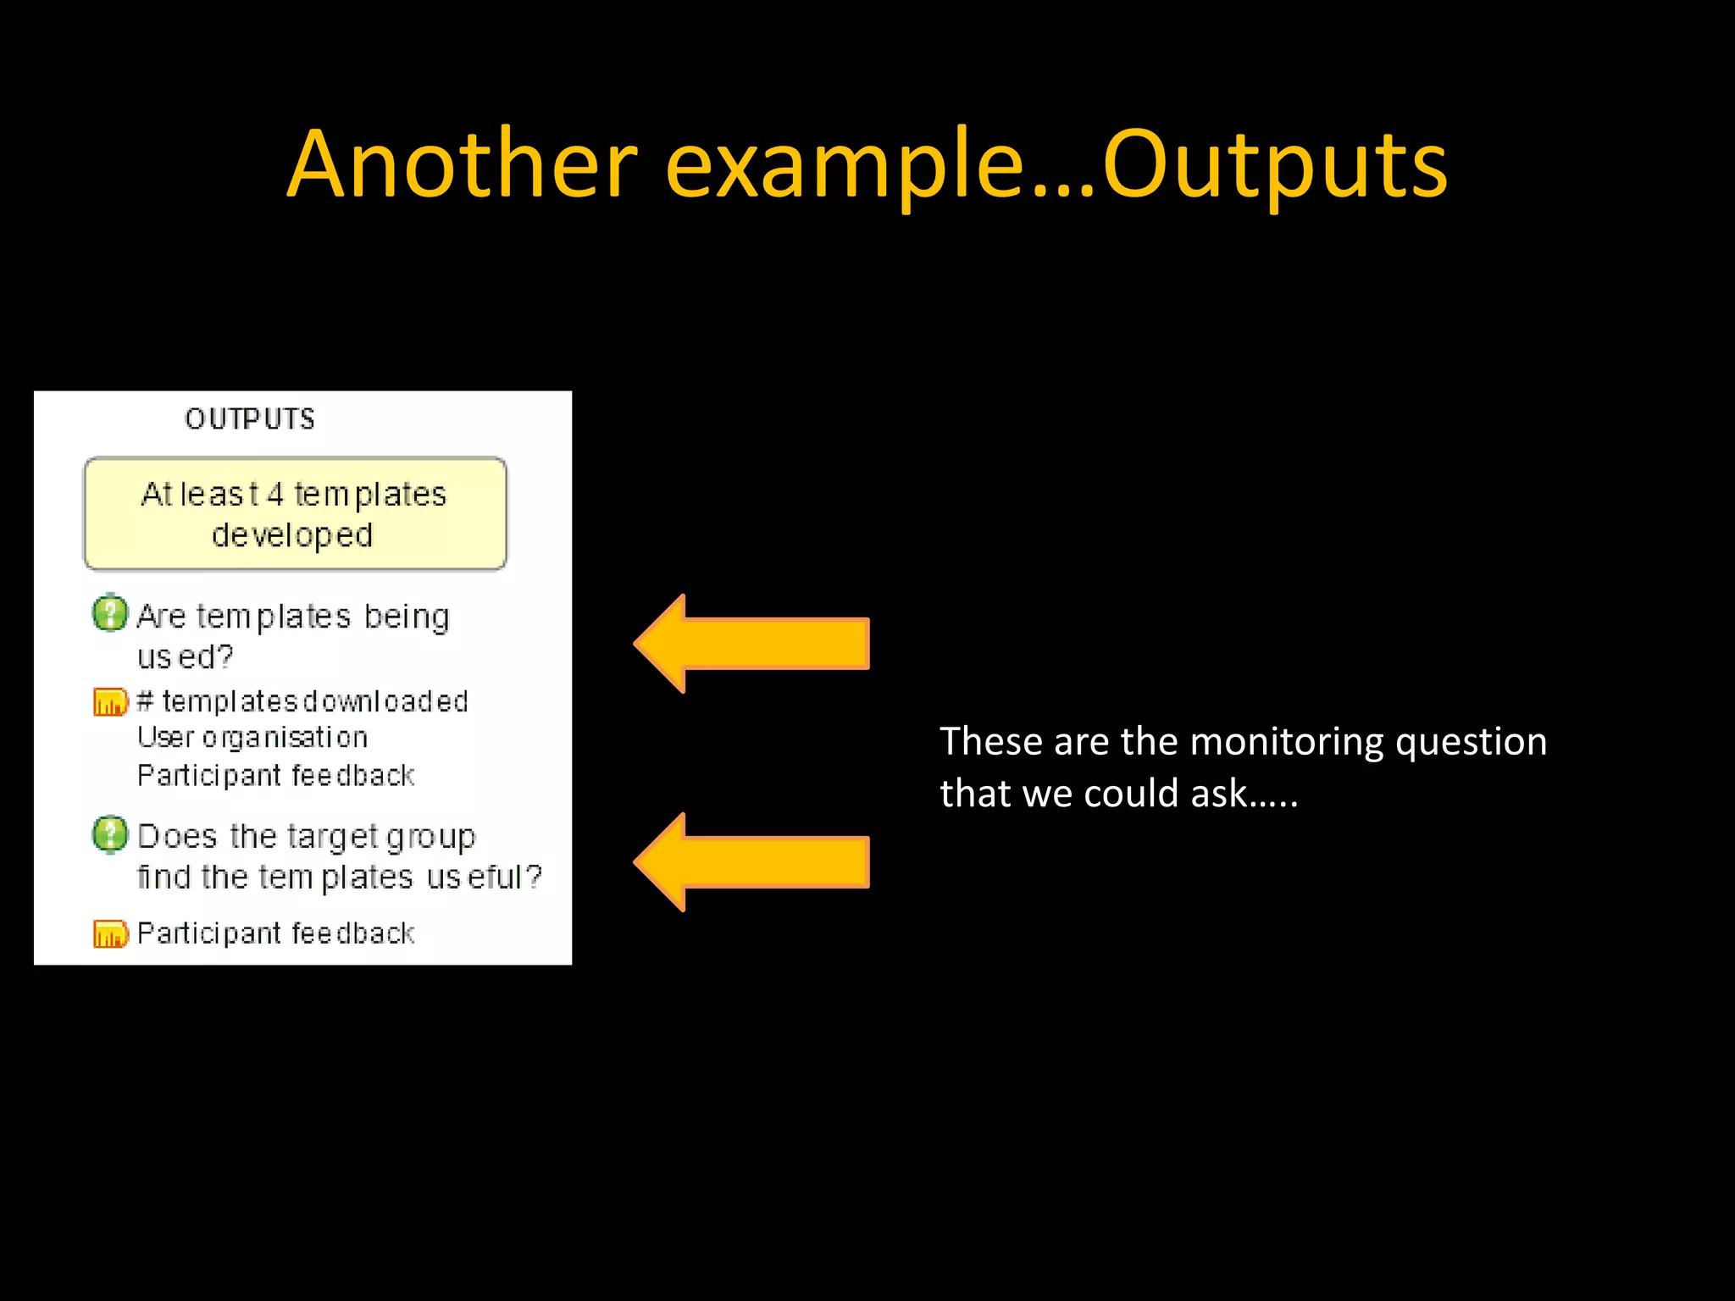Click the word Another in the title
tap(462, 164)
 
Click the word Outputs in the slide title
tap(1275, 166)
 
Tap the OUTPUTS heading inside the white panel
tap(250, 419)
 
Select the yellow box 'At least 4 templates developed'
tap(295, 514)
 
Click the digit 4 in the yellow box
tap(274, 495)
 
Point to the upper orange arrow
tap(752, 644)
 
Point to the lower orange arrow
tap(752, 862)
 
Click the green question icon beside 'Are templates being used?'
tap(110, 613)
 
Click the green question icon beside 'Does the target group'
tap(110, 834)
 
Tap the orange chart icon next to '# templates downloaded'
tap(110, 702)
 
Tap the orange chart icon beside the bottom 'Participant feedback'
tap(110, 934)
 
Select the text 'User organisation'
tap(252, 738)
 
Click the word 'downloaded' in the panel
tap(385, 702)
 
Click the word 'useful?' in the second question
tap(484, 877)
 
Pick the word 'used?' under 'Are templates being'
tap(185, 657)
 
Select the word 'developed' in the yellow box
tap(292, 536)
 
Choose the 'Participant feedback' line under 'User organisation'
tap(275, 776)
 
